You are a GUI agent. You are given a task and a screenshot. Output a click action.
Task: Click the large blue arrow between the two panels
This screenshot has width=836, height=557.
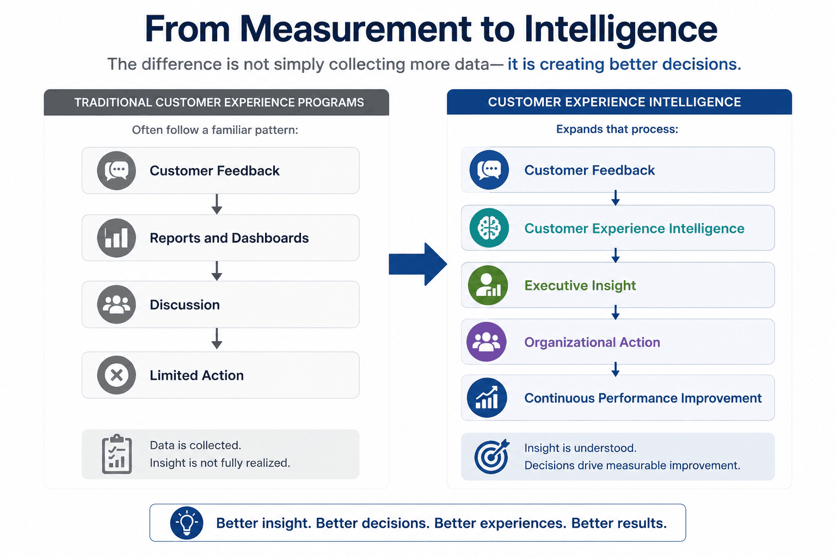418,264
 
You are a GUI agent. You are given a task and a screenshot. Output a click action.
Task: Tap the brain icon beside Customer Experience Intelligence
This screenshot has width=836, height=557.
489,228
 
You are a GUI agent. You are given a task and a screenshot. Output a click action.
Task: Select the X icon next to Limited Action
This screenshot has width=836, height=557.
116,375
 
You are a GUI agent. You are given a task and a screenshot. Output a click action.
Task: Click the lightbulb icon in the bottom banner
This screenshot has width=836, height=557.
187,523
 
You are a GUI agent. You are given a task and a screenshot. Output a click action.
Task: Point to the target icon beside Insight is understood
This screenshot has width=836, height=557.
491,456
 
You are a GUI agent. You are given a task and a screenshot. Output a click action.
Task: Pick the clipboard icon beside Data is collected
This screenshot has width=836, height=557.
117,454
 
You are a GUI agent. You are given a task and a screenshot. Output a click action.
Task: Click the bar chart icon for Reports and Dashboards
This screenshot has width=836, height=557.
116,238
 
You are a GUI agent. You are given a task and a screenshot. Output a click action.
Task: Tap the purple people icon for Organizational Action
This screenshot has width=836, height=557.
486,342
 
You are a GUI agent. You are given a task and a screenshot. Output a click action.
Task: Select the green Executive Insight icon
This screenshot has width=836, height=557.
488,286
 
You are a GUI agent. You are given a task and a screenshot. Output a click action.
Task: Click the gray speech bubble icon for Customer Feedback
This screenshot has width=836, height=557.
116,170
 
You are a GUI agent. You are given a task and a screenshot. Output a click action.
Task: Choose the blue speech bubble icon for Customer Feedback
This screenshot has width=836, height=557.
489,170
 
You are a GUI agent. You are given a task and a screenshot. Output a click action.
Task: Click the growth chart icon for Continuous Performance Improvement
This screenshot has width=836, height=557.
487,398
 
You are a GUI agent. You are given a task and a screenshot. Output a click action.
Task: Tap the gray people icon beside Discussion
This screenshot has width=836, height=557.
116,305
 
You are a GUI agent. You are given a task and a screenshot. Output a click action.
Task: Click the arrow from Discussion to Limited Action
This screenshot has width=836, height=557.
217,339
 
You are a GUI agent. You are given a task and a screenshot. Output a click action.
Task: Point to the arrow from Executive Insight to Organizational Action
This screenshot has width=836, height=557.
616,313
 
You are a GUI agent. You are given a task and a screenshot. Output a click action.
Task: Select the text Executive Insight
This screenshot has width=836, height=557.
580,286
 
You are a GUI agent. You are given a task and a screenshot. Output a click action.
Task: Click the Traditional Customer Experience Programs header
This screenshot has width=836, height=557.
217,102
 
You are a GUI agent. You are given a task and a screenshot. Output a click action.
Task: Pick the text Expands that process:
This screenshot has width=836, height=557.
617,129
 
